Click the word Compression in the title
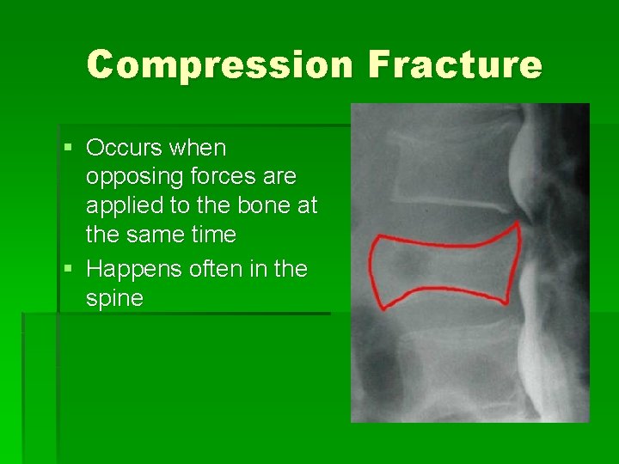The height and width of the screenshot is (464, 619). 218,65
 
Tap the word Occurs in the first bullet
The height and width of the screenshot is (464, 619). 126,148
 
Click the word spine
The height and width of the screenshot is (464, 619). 114,299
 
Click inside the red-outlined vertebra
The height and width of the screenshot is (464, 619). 443,269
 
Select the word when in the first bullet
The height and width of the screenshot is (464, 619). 198,148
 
